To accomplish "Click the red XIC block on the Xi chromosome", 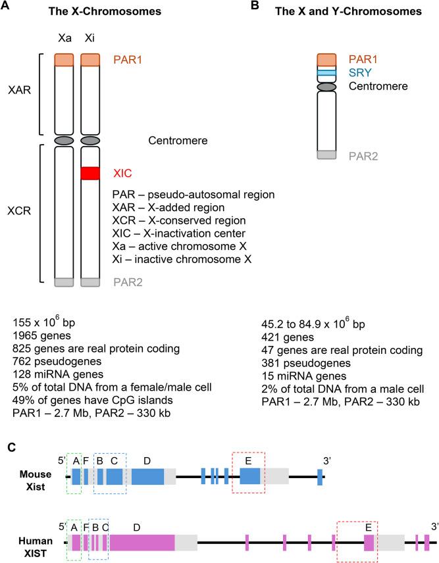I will pyautogui.click(x=90, y=173).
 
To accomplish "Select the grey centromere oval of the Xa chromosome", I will pyautogui.click(x=64, y=140).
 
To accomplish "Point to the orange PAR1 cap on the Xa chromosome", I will pyautogui.click(x=64, y=60).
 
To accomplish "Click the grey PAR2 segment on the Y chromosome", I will pyautogui.click(x=326, y=155).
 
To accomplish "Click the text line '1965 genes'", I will pyautogui.click(x=40, y=336).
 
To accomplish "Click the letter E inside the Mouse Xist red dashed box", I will pyautogui.click(x=248, y=461).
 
